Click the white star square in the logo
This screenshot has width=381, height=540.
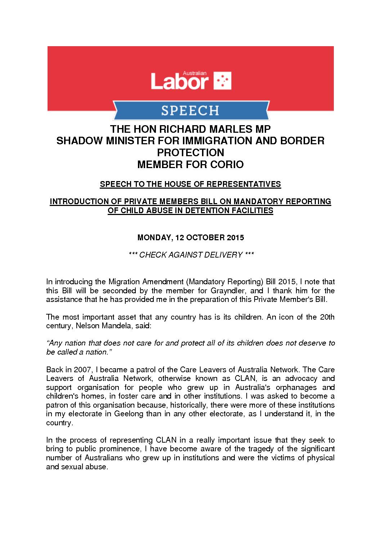click(223, 80)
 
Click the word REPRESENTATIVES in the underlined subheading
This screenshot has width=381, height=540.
click(246, 184)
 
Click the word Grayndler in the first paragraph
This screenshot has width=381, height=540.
click(229, 291)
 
